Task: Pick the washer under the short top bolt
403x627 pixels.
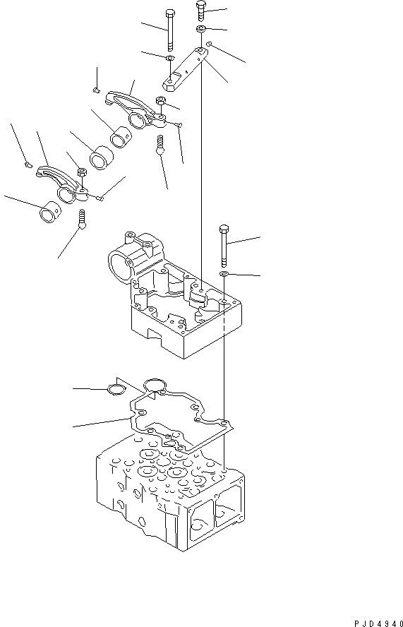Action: coord(201,29)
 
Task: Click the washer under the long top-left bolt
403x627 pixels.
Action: coord(170,58)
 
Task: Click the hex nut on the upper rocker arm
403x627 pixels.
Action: coord(162,102)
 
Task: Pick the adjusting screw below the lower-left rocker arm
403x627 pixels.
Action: coord(83,218)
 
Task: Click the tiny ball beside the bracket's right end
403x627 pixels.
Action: coord(210,44)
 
